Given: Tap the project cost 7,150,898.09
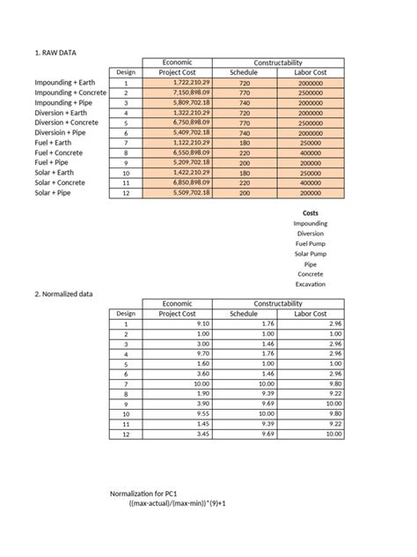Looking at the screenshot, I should [x=191, y=93].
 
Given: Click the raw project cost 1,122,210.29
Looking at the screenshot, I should [x=191, y=142].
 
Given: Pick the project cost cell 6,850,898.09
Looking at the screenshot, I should [x=191, y=182].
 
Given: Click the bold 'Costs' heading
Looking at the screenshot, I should [x=311, y=213].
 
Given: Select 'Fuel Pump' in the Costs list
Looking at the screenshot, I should [x=311, y=243].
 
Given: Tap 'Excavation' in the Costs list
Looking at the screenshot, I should [x=311, y=284].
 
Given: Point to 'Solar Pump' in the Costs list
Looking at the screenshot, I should [x=311, y=254].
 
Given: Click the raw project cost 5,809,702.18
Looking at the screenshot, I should [x=191, y=102].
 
